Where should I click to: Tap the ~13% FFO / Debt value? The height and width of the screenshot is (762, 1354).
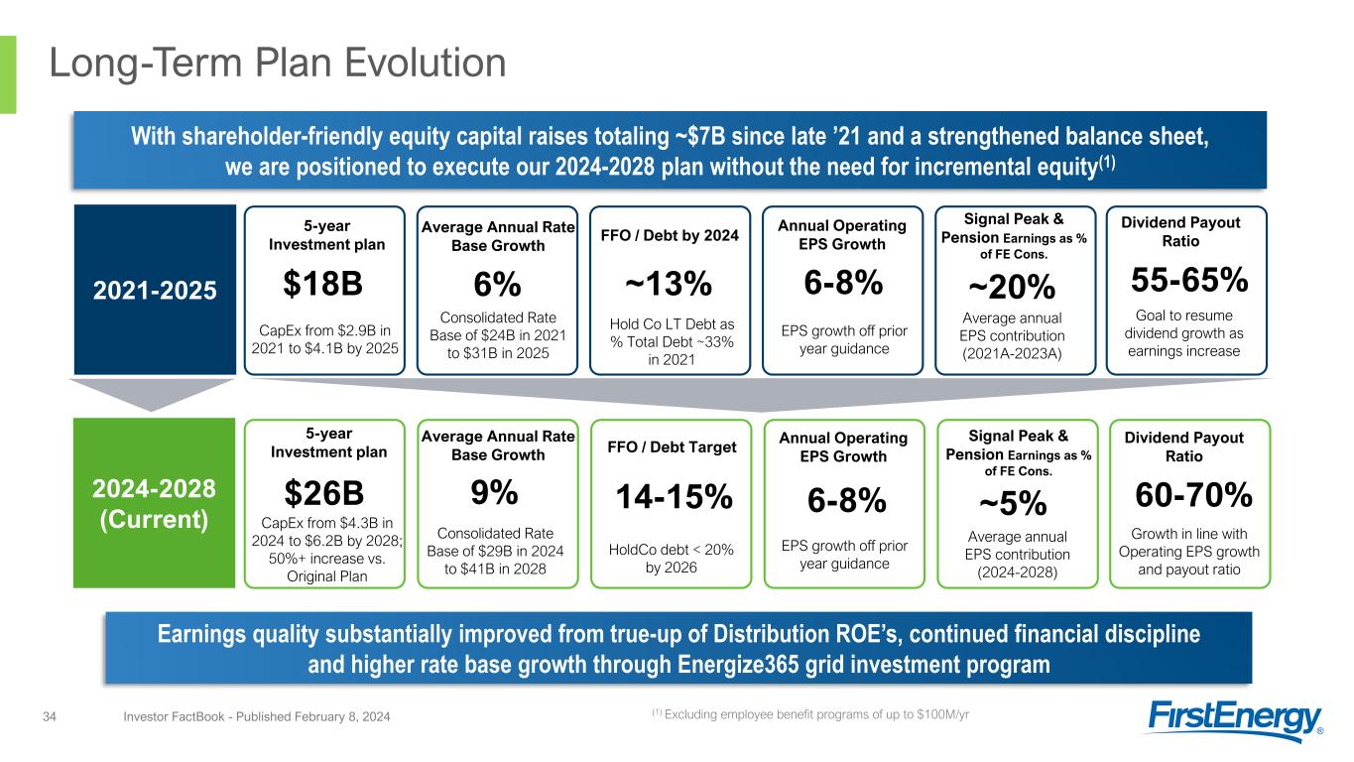click(669, 284)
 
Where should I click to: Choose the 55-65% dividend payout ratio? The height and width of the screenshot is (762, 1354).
click(1189, 281)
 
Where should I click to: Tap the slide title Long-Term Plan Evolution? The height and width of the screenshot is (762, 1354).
click(279, 64)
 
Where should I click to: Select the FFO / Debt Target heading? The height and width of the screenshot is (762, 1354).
click(670, 447)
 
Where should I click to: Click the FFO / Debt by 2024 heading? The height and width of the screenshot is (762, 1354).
click(670, 236)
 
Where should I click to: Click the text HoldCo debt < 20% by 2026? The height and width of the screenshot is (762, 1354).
click(669, 559)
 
